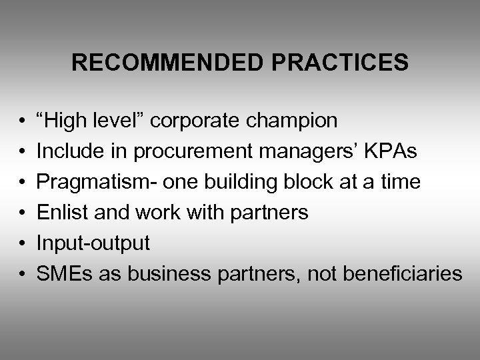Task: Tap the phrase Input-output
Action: (x=93, y=243)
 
